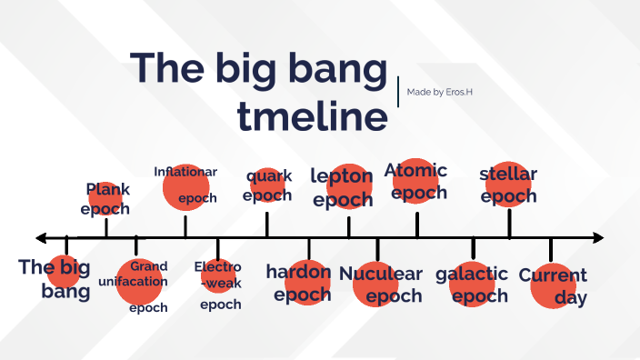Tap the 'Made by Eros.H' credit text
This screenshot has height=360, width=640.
click(x=440, y=92)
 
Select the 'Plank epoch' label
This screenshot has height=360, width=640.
click(x=106, y=199)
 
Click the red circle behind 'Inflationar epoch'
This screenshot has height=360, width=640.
click(x=186, y=187)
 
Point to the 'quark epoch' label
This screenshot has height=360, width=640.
click(x=267, y=185)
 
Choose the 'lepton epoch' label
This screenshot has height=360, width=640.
click(x=343, y=187)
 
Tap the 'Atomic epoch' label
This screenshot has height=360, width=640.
click(x=417, y=181)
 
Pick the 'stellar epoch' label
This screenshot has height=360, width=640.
click(x=509, y=185)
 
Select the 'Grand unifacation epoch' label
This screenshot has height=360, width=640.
click(x=142, y=285)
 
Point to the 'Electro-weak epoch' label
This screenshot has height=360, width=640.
click(x=219, y=285)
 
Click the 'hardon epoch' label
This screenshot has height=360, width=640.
click(x=304, y=283)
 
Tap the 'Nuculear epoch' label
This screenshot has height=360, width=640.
click(x=381, y=285)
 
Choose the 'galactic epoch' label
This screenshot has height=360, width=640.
click(x=472, y=285)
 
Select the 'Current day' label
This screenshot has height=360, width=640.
click(x=554, y=285)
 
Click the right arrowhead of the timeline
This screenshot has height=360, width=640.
click(x=597, y=238)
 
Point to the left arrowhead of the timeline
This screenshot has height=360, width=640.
click(x=41, y=238)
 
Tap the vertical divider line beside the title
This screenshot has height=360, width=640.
click(x=398, y=92)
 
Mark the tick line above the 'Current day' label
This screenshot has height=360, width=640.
click(x=551, y=250)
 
